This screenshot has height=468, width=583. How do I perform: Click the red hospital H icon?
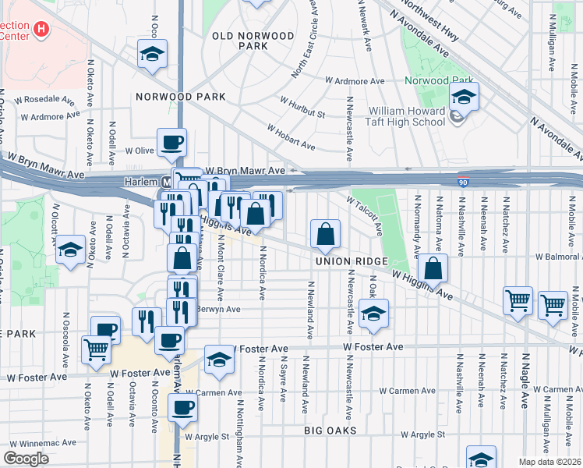pyautogui.click(x=42, y=30)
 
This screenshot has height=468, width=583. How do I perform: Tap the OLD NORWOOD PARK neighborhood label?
pyautogui.click(x=254, y=41)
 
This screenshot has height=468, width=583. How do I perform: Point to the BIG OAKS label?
pyautogui.click(x=330, y=431)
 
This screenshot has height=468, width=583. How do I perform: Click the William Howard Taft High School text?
pyautogui.click(x=395, y=116)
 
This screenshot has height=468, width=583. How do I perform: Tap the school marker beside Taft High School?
pyautogui.click(x=464, y=97)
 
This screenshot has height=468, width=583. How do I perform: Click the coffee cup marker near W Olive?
pyautogui.click(x=171, y=143)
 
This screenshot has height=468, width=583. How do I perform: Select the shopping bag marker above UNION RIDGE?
pyautogui.click(x=325, y=233)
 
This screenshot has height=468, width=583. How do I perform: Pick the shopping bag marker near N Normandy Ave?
pyautogui.click(x=433, y=269)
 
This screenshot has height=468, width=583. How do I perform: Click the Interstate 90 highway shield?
pyautogui.click(x=463, y=183)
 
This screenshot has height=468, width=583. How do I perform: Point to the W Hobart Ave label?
pyautogui.click(x=291, y=137)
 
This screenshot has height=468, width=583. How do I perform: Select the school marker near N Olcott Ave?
pyautogui.click(x=70, y=250)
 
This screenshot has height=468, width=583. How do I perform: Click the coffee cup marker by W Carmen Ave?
pyautogui.click(x=183, y=406)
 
